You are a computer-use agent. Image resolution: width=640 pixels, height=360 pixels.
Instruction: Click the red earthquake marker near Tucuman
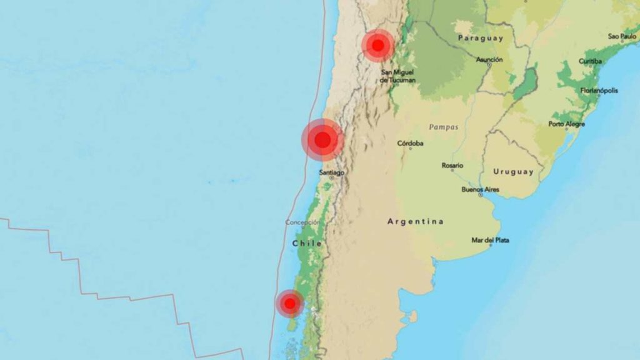pyautogui.click(x=377, y=45)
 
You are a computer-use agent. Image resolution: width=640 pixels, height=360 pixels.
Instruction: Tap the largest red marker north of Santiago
pyautogui.click(x=322, y=140)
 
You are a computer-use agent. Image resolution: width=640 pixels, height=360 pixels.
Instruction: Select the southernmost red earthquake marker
pyautogui.click(x=289, y=304)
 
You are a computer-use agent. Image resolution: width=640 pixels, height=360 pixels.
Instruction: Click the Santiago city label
pyautogui.click(x=331, y=172)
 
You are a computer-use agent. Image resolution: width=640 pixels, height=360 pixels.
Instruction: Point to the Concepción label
pyautogui.click(x=303, y=222)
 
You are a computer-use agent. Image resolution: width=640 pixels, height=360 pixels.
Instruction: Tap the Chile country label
pyautogui.click(x=307, y=243)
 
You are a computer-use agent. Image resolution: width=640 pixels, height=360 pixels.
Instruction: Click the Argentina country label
pyautogui.click(x=416, y=221)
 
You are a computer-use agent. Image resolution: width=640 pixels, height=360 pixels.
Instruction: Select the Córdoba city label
pyautogui.click(x=411, y=143)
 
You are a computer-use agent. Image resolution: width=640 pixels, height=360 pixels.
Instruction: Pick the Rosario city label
pyautogui.click(x=452, y=166)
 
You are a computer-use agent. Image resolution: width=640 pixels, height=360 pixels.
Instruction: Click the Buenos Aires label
pyautogui.click(x=480, y=189)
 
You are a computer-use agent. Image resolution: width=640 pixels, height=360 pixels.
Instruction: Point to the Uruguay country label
pyautogui.click(x=513, y=171)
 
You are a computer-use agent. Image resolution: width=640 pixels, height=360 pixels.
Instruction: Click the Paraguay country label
pyautogui.click(x=480, y=38)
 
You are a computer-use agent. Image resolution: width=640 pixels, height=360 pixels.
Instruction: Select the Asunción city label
pyautogui.click(x=489, y=59)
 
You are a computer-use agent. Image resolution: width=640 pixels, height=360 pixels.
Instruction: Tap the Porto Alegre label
pyautogui.click(x=567, y=124)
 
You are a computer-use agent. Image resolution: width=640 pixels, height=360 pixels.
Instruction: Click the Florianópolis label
pyautogui.click(x=599, y=90)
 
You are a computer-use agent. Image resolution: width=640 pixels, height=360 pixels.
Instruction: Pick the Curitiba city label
pyautogui.click(x=590, y=61)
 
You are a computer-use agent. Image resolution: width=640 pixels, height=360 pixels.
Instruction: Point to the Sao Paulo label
pyautogui.click(x=622, y=36)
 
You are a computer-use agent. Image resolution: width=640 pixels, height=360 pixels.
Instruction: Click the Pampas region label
pyautogui.click(x=443, y=127)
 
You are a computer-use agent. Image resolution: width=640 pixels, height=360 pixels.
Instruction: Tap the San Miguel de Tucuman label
pyautogui.click(x=398, y=76)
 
